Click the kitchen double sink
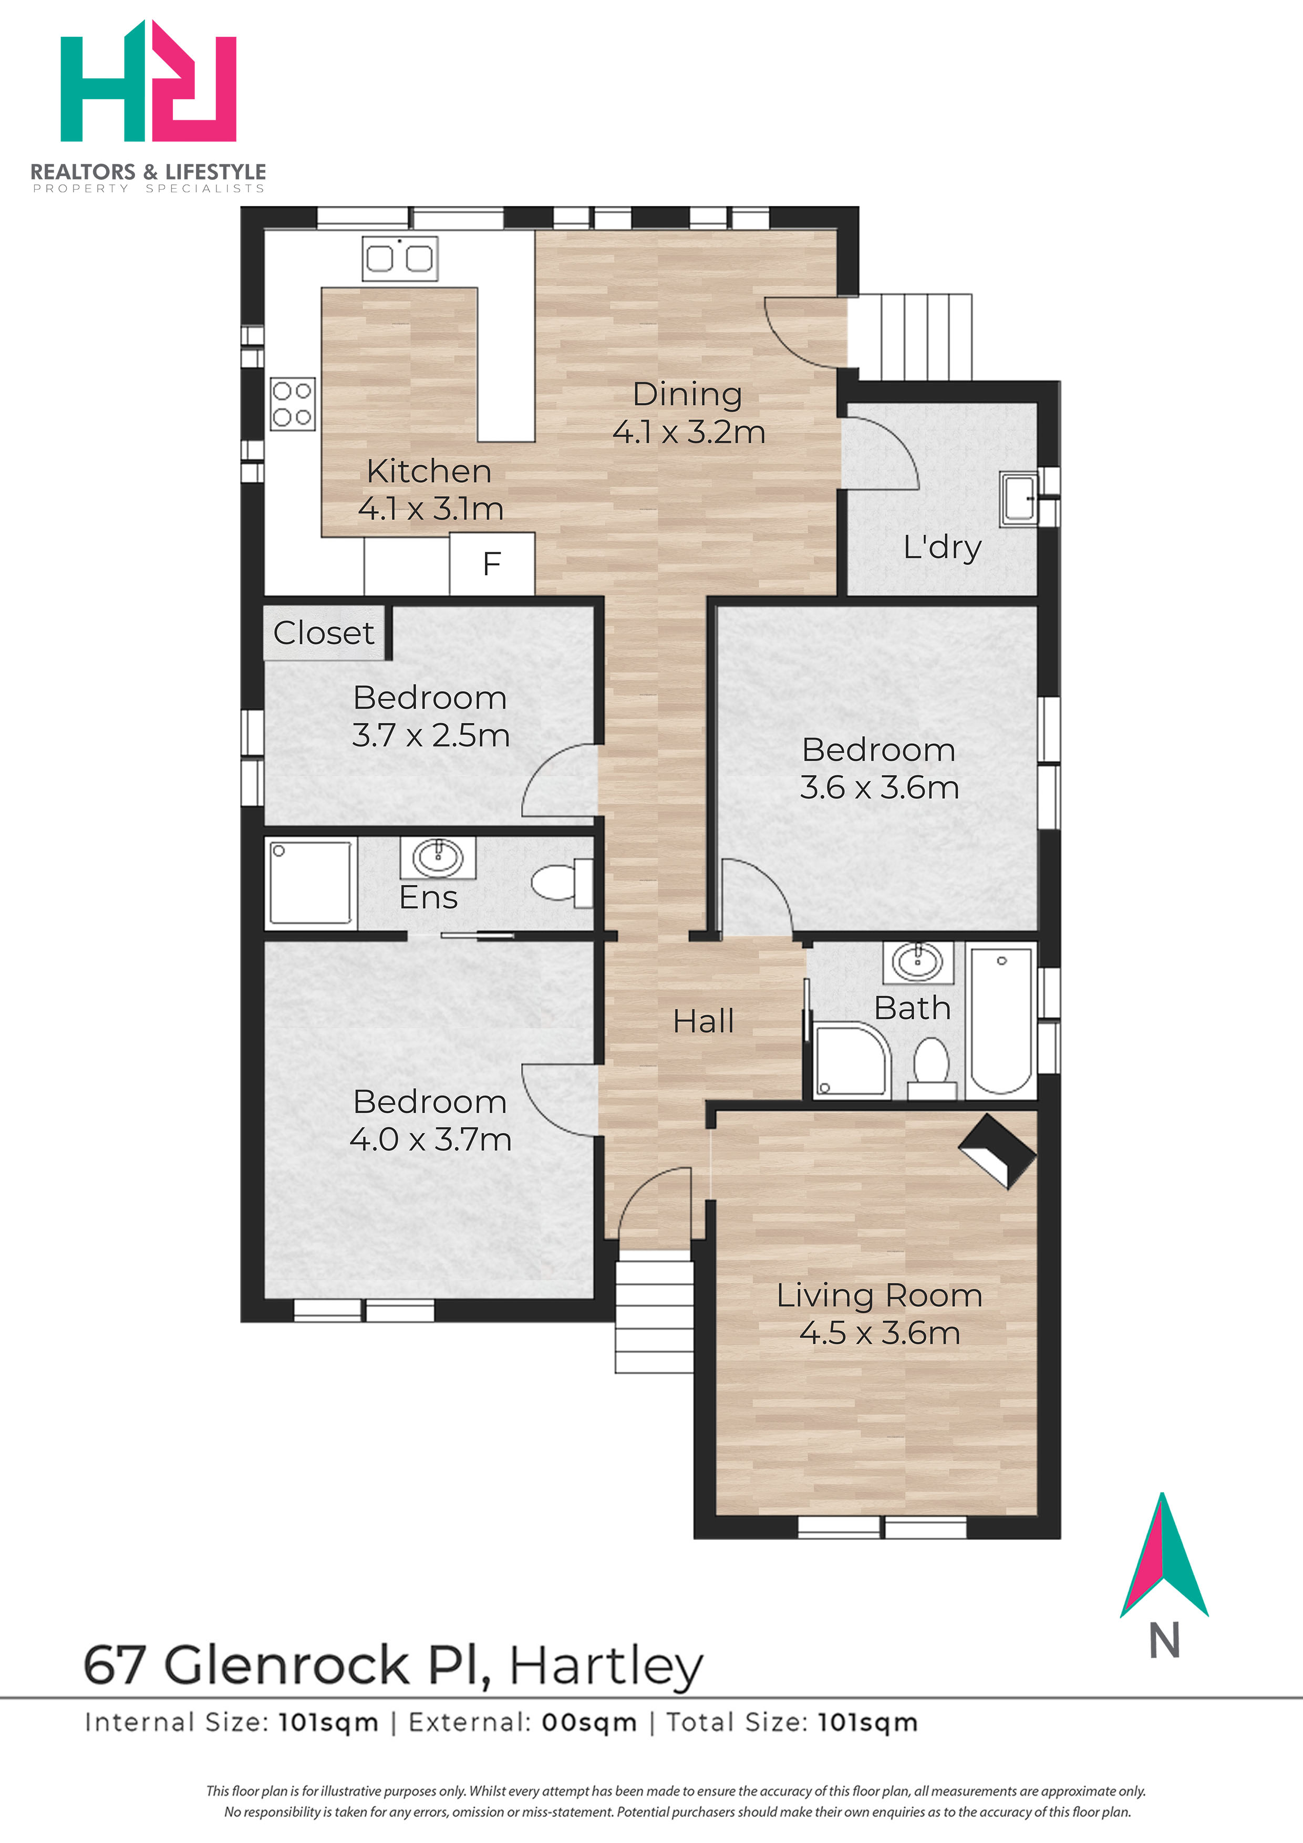pyautogui.click(x=400, y=257)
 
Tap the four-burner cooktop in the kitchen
pyautogui.click(x=292, y=404)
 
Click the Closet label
pyautogui.click(x=324, y=633)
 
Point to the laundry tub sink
pyautogui.click(x=1019, y=499)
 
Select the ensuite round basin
pyautogui.click(x=438, y=857)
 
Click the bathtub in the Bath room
pyautogui.click(x=1001, y=1019)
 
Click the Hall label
pyautogui.click(x=704, y=1021)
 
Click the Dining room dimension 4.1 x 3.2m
pyautogui.click(x=689, y=432)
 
